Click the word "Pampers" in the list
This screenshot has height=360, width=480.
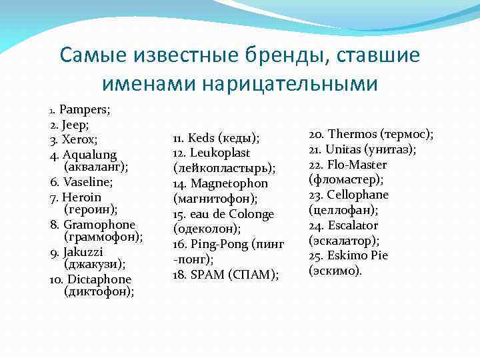click(84, 109)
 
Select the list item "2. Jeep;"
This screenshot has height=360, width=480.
click(69, 125)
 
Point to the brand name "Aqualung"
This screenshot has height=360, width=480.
click(89, 155)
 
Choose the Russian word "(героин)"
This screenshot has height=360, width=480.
click(90, 209)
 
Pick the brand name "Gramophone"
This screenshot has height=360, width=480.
click(99, 225)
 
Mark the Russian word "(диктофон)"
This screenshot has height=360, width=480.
click(99, 291)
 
